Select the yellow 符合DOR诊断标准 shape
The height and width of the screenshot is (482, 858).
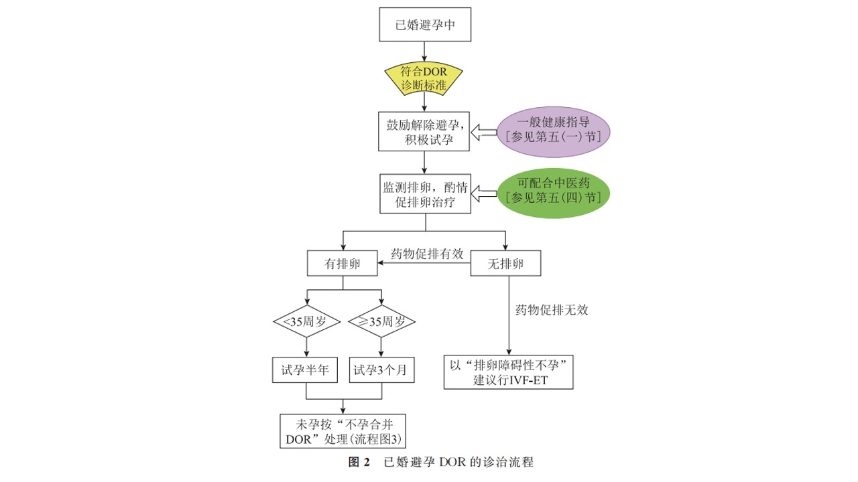[425, 80]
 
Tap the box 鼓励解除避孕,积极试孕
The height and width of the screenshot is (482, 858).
[425, 131]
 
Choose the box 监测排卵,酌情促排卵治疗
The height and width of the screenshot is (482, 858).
[425, 194]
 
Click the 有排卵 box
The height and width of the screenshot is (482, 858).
[343, 264]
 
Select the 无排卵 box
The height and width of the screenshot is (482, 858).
[506, 264]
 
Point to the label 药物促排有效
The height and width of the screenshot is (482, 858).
[427, 254]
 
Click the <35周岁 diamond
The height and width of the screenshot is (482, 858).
[306, 322]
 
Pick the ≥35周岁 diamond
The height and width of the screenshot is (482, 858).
[381, 322]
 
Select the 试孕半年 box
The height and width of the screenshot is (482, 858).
[306, 370]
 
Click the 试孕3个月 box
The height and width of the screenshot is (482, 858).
[381, 370]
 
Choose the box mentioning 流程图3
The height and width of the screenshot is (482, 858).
[343, 430]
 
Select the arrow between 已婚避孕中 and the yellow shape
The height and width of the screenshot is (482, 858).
[425, 52]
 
